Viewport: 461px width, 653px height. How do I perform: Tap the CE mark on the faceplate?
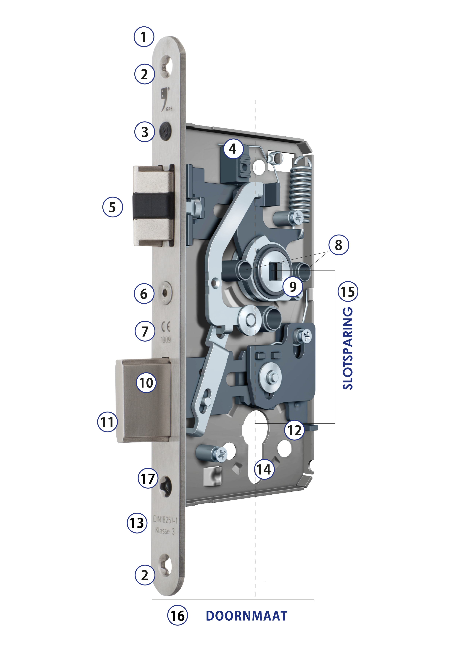pyautogui.click(x=166, y=327)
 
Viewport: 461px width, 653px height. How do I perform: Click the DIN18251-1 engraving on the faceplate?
pyautogui.click(x=165, y=520)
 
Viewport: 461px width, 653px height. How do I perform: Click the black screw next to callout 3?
pyautogui.click(x=165, y=131)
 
